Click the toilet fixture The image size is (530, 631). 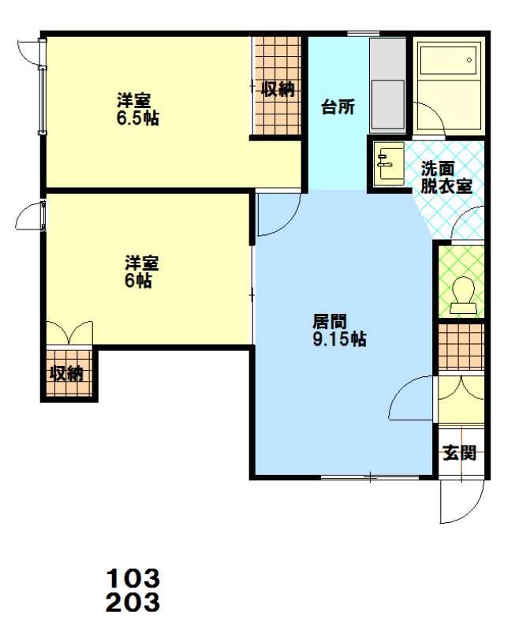[464, 295]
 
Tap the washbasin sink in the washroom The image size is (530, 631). [389, 164]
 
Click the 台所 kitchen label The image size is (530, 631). [338, 107]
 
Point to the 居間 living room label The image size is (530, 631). [330, 322]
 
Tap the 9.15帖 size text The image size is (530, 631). [340, 339]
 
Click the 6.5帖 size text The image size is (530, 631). [138, 118]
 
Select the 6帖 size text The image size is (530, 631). [138, 280]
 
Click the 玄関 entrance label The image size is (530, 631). [460, 453]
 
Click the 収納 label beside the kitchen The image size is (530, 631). [278, 89]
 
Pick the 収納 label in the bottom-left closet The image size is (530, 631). [66, 374]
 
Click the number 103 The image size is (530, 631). [132, 579]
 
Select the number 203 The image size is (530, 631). [132, 603]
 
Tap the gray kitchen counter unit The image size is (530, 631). [387, 86]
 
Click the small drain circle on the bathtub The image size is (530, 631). [469, 60]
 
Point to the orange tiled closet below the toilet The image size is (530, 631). [461, 346]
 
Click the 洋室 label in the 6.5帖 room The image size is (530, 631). [133, 100]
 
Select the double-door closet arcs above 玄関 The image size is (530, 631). [461, 389]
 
